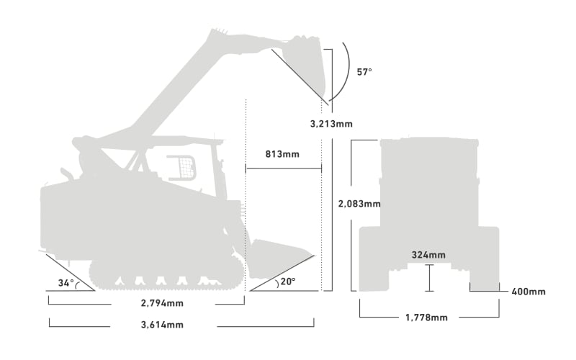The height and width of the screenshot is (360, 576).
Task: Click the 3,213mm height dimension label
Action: pyautogui.click(x=331, y=124)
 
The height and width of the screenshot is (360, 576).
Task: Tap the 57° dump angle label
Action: pyautogui.click(x=364, y=72)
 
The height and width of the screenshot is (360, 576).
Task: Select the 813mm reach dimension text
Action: pyautogui.click(x=282, y=154)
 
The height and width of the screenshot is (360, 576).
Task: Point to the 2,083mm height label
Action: pyautogui.click(x=359, y=204)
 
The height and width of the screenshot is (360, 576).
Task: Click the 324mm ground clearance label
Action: pyautogui.click(x=428, y=255)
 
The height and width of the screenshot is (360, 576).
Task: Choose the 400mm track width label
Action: pyautogui.click(x=528, y=292)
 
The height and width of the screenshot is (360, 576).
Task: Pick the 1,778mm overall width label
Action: pyautogui.click(x=426, y=318)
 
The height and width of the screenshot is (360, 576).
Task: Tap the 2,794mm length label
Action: pyautogui.click(x=162, y=303)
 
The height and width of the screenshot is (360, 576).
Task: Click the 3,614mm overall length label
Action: pyautogui.click(x=162, y=325)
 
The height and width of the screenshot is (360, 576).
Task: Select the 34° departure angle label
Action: pyautogui.click(x=66, y=283)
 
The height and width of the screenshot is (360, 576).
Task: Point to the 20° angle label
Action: pyautogui.click(x=288, y=282)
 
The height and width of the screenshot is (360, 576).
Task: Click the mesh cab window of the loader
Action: pyautogui.click(x=183, y=168)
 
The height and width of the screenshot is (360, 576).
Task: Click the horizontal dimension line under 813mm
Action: pyautogui.click(x=284, y=168)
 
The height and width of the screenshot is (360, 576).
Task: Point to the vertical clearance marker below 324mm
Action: pyautogui.click(x=429, y=278)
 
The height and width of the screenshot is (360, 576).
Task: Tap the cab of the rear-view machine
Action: pyautogui.click(x=429, y=182)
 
